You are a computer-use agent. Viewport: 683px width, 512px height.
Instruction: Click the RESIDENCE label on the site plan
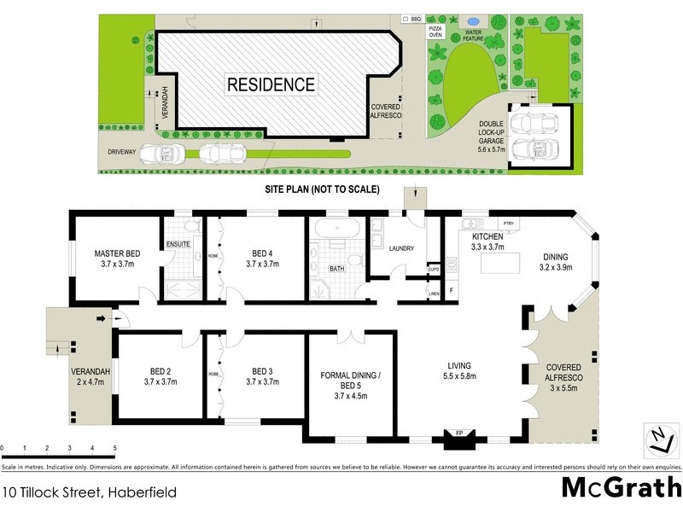271,84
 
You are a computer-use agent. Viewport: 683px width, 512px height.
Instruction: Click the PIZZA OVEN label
435,31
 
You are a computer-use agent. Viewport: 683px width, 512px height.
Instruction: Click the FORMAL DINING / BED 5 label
350,381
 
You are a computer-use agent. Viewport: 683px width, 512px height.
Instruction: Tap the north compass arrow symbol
657,441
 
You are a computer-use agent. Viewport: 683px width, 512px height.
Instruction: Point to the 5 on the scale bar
114,447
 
